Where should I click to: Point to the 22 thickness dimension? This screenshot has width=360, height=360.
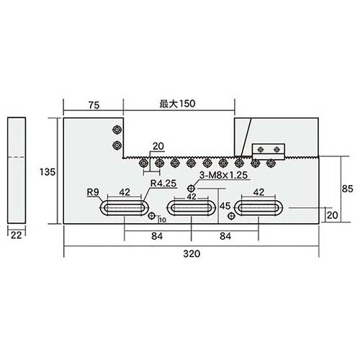point(17,233)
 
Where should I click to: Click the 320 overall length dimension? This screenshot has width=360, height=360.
point(192,253)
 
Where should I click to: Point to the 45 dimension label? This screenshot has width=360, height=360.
point(225,207)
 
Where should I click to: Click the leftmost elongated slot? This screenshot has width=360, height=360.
point(124,207)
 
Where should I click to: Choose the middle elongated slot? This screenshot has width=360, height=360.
point(192,207)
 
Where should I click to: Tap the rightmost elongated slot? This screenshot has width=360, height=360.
point(258,207)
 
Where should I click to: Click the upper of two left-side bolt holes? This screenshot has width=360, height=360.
point(117,130)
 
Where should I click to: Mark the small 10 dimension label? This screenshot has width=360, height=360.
point(161,220)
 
